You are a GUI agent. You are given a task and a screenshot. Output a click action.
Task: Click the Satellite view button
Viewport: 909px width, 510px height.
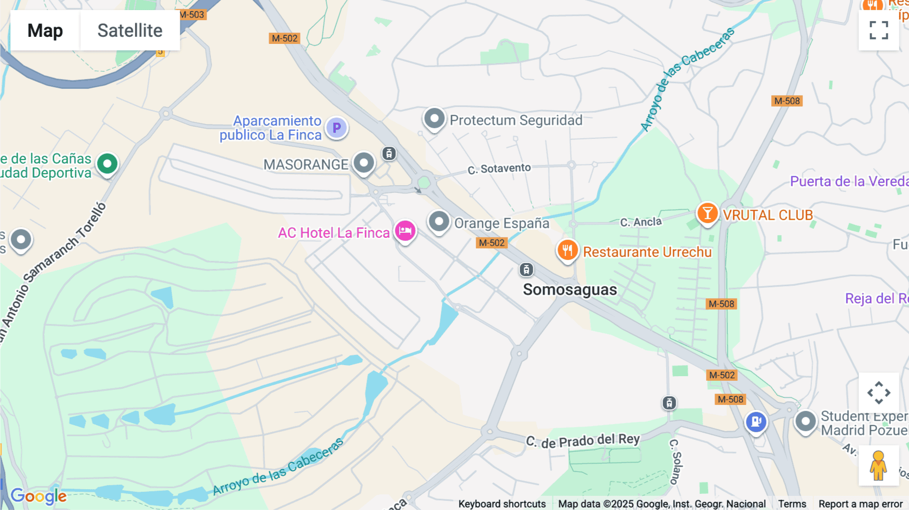point(130,30)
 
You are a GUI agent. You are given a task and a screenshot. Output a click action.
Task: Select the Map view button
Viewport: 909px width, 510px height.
point(45,30)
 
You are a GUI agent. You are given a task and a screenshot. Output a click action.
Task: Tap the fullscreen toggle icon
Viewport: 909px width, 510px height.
point(879,30)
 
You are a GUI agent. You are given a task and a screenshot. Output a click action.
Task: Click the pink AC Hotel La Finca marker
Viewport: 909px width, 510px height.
point(405,231)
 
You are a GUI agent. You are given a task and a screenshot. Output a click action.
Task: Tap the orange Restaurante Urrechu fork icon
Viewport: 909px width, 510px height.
point(568,250)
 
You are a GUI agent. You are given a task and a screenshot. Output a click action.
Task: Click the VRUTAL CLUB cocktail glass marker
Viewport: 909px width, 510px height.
point(708,213)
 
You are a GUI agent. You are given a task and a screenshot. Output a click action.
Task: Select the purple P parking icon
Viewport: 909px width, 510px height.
point(336,128)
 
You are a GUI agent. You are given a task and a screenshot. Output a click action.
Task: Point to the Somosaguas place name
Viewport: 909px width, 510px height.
point(570,290)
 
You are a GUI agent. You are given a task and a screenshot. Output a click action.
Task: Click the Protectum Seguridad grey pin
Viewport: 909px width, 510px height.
point(434,119)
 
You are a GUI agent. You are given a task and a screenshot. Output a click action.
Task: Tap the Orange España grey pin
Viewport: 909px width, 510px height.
point(439,222)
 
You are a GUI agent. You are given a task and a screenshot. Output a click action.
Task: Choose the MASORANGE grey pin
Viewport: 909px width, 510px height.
point(364,163)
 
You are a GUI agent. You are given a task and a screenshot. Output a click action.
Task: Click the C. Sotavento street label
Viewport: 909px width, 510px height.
point(499,169)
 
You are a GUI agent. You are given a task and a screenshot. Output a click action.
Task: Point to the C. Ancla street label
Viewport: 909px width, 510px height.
point(640,222)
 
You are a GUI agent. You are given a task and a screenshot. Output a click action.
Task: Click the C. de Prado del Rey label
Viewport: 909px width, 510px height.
point(583,441)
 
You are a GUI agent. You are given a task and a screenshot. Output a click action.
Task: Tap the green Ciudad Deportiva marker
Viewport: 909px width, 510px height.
point(107,164)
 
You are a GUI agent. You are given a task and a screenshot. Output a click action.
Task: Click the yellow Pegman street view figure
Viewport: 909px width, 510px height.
point(878,466)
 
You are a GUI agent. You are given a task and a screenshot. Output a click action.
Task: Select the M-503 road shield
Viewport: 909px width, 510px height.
point(192,15)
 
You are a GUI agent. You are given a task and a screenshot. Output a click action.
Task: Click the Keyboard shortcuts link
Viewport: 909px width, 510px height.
point(501,504)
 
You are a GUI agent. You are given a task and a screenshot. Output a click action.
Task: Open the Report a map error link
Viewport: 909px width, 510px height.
point(860,504)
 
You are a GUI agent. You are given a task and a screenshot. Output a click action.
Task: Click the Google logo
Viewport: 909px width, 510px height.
point(38,496)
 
